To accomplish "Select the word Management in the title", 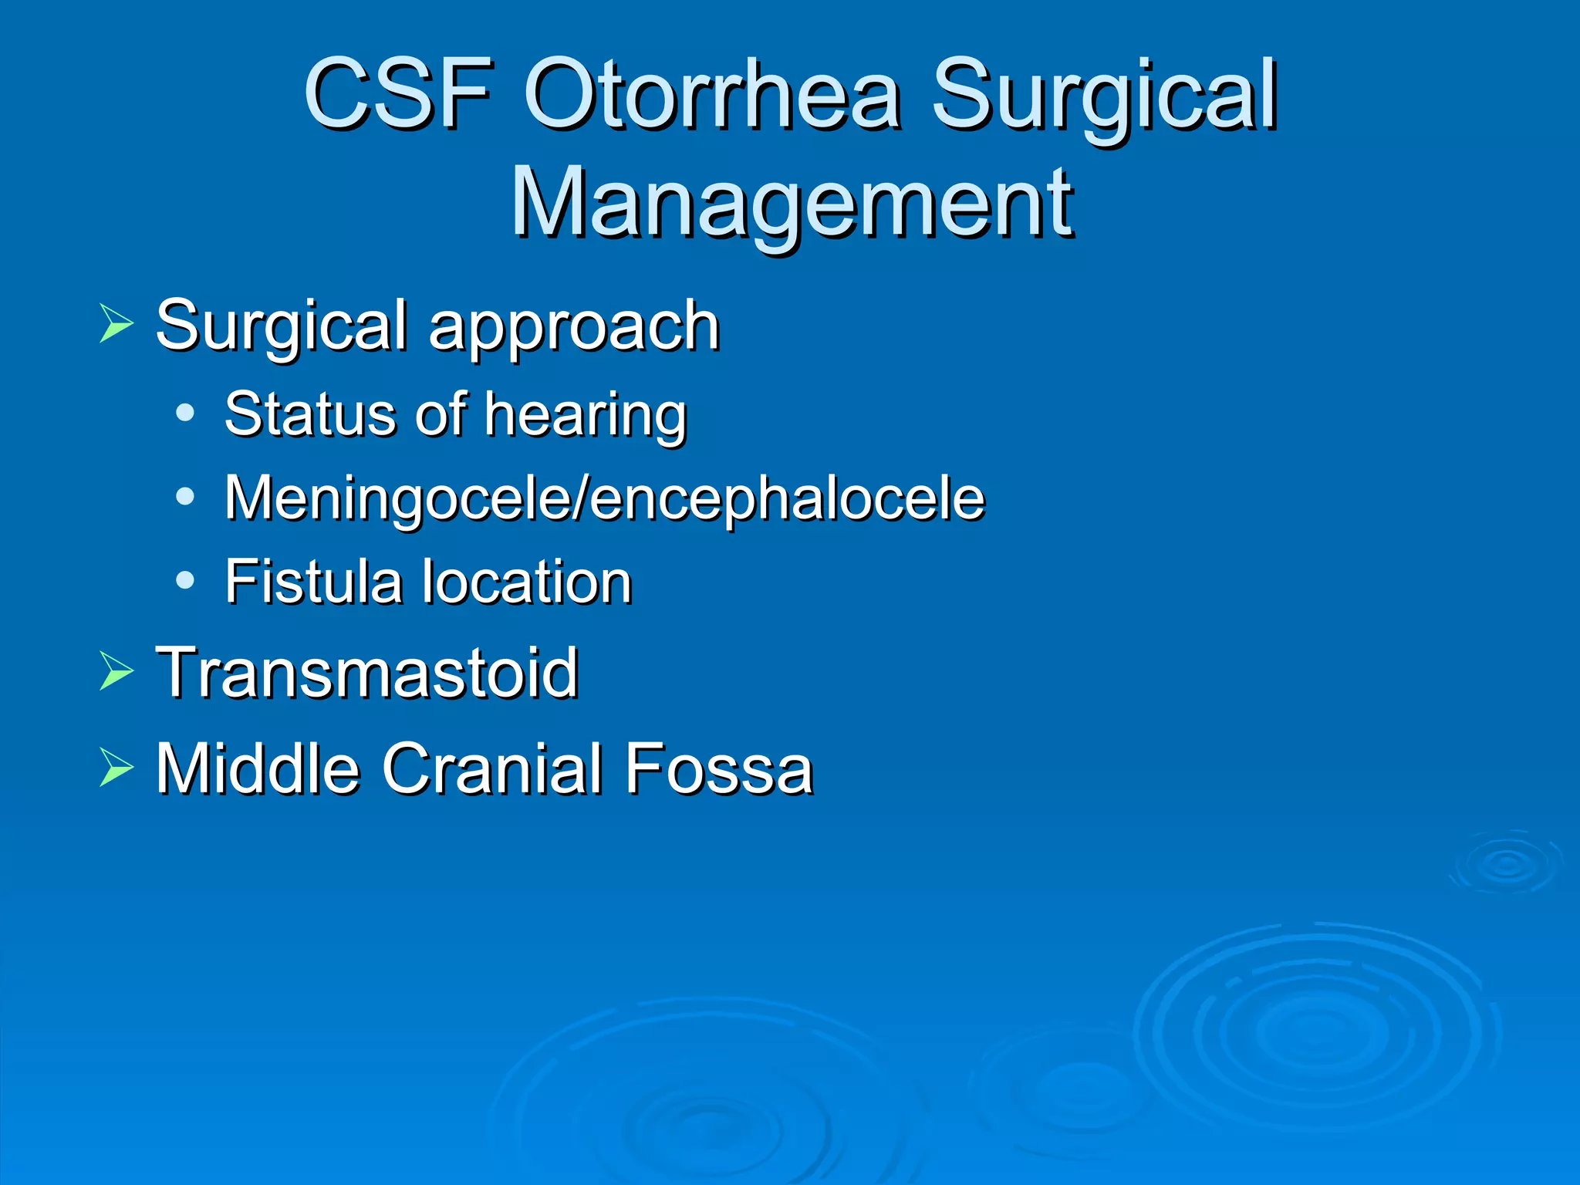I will [792, 204].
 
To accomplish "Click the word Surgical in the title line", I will [1104, 96].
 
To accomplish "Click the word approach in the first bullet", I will [574, 327].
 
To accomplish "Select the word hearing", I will [586, 417].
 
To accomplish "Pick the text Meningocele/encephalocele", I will [604, 498].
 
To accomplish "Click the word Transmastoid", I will [366, 673].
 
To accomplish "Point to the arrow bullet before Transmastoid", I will [116, 670].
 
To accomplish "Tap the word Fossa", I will [719, 768].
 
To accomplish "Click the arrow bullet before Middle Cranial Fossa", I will [116, 768].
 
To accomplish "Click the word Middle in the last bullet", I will [258, 768].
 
